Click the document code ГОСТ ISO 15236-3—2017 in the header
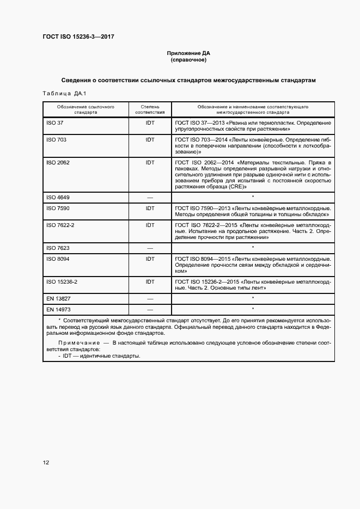(78, 37)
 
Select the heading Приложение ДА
(188, 53)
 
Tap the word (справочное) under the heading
(188, 60)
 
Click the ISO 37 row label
(55, 123)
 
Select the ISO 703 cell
(57, 140)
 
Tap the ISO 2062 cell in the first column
(58, 163)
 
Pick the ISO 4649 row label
(58, 197)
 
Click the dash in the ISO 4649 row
(150, 197)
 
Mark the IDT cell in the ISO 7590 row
(150, 208)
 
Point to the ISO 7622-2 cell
(60, 225)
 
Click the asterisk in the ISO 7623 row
(253, 248)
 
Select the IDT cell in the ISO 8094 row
(150, 259)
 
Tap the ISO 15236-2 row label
(62, 281)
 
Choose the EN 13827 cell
(59, 299)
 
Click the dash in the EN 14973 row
(150, 310)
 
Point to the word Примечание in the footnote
(79, 342)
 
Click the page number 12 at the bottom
(46, 463)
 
